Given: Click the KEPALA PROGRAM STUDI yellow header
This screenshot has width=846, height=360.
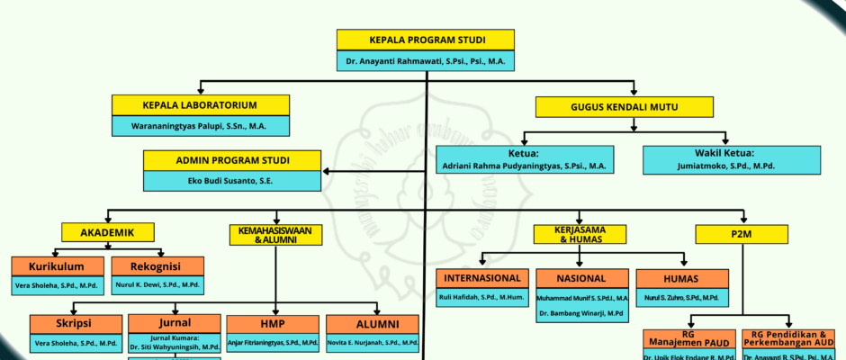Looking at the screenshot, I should click(x=426, y=40).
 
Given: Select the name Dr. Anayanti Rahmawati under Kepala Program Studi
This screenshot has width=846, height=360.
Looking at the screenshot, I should click(x=426, y=61).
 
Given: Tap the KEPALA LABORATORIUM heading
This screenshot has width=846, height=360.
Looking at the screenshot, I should click(x=201, y=105).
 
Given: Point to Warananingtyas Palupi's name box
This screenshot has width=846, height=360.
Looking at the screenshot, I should click(x=201, y=127).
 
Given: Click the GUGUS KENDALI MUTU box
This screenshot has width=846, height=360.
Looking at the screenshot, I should click(x=636, y=107).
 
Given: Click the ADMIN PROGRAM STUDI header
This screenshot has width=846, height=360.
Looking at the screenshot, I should click(x=232, y=161).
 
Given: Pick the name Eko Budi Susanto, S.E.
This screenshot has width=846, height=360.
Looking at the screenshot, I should click(x=232, y=181).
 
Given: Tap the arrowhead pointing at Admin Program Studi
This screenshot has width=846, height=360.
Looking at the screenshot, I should click(x=328, y=171).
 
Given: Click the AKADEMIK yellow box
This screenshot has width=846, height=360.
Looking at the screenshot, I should click(x=107, y=233).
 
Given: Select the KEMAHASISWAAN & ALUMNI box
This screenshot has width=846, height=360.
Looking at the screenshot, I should click(x=276, y=235).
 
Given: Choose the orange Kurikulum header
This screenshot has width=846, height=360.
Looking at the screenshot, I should click(x=57, y=266).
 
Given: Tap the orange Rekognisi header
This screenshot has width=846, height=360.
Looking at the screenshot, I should click(x=157, y=266).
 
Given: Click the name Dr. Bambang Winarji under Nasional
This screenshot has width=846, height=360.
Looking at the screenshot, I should click(x=581, y=313).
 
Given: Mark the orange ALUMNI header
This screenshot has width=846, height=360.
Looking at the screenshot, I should click(x=373, y=324).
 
